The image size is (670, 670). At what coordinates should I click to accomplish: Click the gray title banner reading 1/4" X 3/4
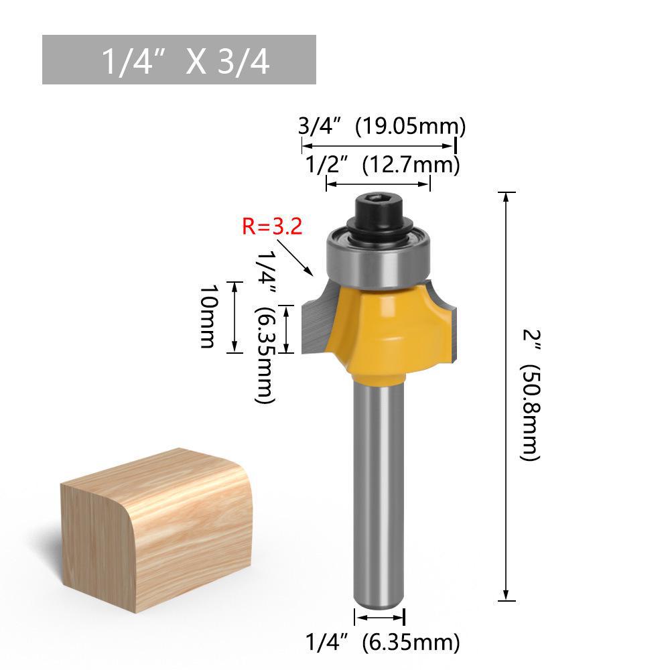[179, 60]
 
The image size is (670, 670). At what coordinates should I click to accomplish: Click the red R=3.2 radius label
[272, 226]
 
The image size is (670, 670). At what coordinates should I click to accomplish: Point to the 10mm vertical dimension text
[208, 316]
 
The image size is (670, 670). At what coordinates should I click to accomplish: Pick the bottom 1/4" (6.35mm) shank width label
[383, 643]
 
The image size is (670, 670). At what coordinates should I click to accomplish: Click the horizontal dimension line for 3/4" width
[378, 145]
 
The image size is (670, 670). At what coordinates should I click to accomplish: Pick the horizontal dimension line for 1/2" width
[378, 185]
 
